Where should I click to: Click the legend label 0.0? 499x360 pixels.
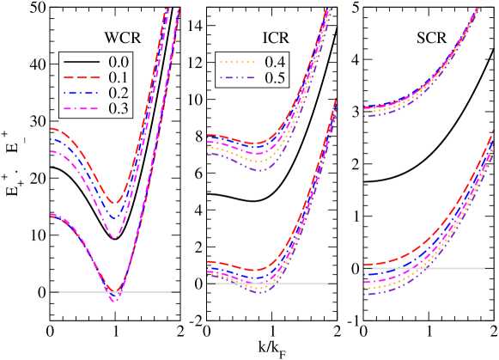tap(119, 62)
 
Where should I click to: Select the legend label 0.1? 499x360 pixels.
tap(119, 77)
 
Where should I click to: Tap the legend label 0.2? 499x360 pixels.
tap(119, 93)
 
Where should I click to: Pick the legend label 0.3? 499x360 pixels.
tap(119, 108)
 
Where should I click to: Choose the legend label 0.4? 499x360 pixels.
tap(275, 62)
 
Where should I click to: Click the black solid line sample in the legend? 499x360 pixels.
tap(82, 63)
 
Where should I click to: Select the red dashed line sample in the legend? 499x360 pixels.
tap(82, 78)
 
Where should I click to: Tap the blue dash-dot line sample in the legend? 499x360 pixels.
tap(82, 94)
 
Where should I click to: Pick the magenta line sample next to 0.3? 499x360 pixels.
tap(82, 109)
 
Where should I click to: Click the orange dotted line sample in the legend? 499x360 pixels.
tap(238, 63)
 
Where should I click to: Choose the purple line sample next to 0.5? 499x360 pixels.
tap(238, 78)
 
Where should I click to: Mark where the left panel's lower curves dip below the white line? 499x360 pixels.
tap(114, 298)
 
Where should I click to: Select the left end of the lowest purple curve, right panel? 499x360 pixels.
tap(365, 295)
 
